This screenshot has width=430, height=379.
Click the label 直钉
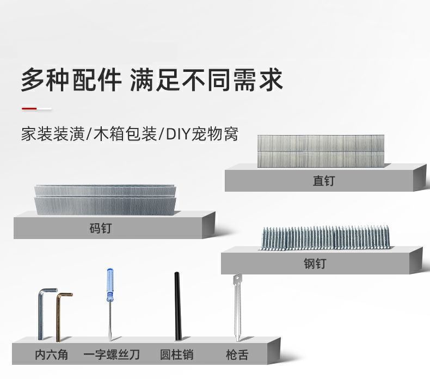[323, 181]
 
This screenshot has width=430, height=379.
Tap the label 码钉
[100, 228]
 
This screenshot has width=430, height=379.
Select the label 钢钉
[314, 264]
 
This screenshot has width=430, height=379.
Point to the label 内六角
[52, 355]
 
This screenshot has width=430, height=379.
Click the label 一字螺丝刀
[112, 355]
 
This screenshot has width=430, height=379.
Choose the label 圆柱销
[176, 355]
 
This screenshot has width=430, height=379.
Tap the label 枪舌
[237, 355]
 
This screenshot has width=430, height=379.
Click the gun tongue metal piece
[236, 308]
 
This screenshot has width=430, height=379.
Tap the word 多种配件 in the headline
[71, 80]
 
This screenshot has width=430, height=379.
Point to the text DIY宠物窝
[201, 134]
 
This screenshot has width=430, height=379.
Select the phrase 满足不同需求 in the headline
[207, 80]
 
